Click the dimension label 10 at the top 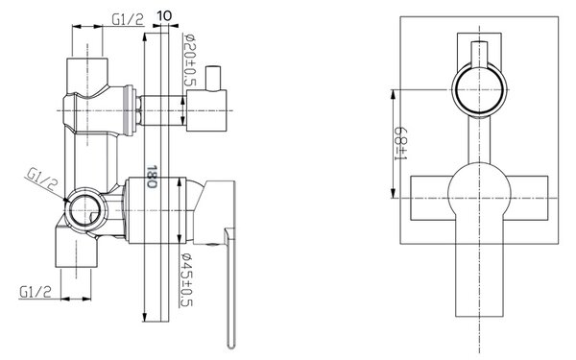(x=164, y=15)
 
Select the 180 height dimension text (x=152, y=177)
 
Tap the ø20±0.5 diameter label (x=190, y=60)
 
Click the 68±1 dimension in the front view (x=400, y=143)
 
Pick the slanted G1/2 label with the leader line (x=42, y=179)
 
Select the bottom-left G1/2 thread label (x=36, y=292)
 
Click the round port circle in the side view (x=84, y=210)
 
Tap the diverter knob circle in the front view (x=479, y=89)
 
